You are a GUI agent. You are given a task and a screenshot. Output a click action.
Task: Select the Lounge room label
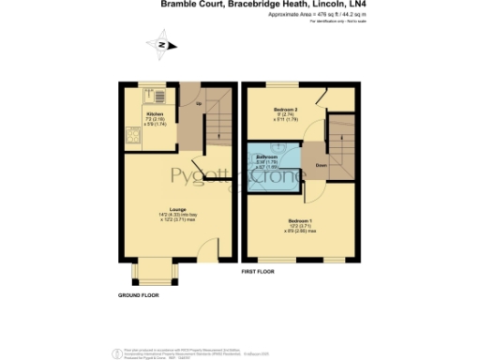[x=177, y=208]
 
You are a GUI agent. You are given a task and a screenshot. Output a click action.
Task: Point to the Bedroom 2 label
[x=285, y=110]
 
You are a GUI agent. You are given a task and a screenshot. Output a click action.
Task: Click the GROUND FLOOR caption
[x=138, y=294]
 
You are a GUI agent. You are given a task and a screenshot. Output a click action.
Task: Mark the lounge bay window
[x=156, y=274]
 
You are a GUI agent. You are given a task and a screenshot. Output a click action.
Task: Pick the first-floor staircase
[x=342, y=141]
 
